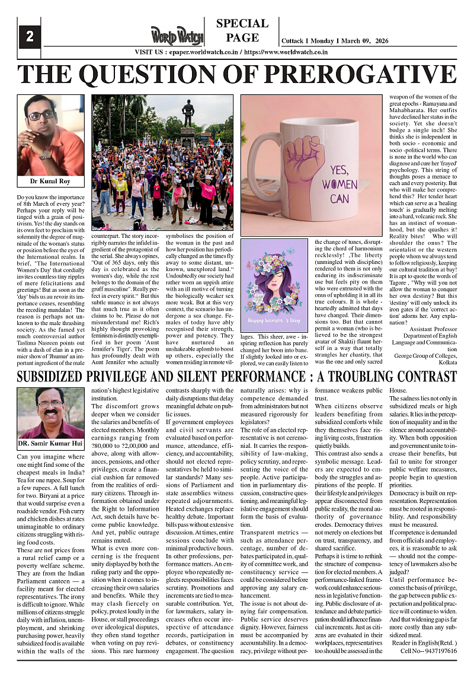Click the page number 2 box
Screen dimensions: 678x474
[29, 37]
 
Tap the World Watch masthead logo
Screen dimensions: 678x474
[176, 36]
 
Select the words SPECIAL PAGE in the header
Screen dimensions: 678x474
[242, 31]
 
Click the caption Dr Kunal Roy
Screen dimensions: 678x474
[50, 180]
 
